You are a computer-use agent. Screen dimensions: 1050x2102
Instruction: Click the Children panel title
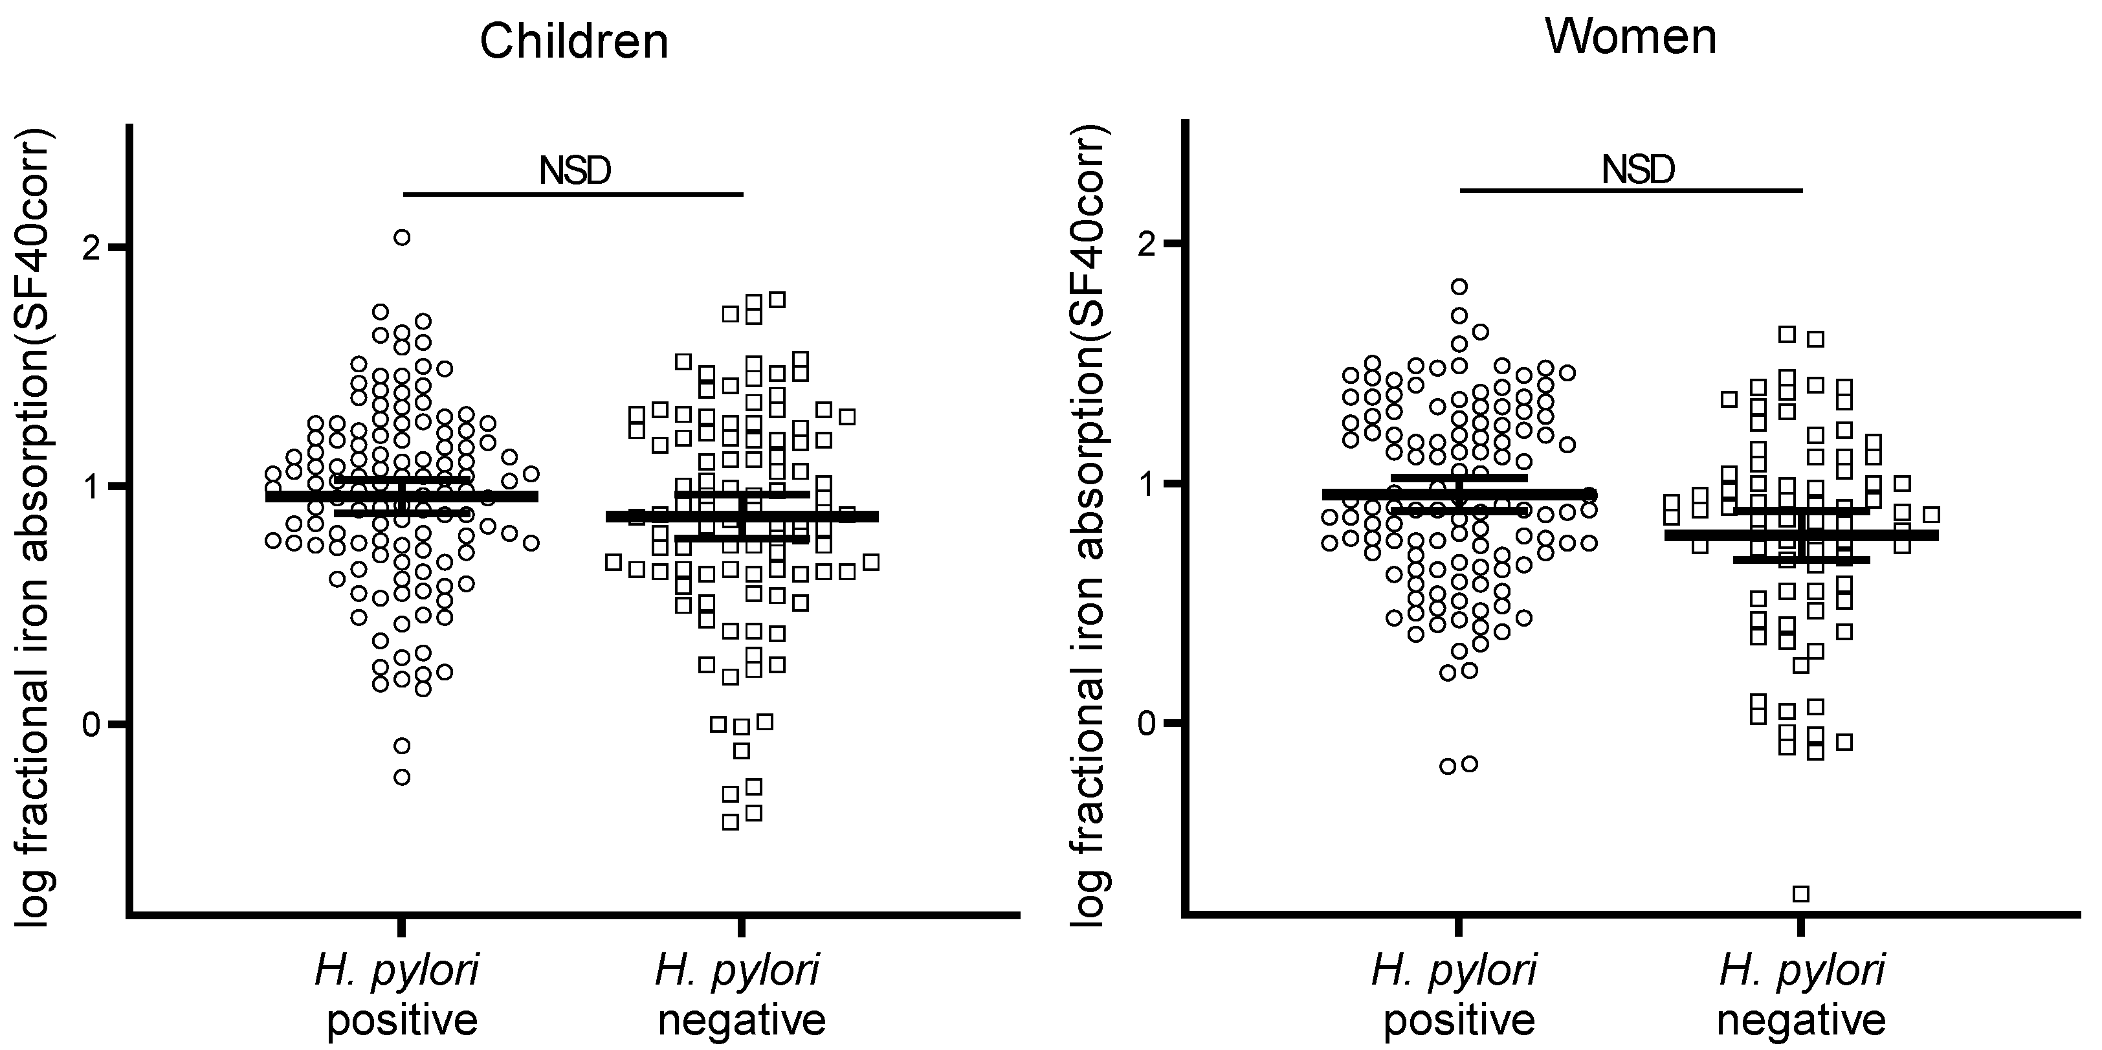573,41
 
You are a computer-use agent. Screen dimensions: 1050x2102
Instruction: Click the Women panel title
1630,38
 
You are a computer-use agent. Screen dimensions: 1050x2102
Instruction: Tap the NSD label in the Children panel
575,171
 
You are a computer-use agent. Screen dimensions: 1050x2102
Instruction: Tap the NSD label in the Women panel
1638,170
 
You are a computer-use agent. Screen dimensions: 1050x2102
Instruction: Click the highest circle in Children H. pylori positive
401,238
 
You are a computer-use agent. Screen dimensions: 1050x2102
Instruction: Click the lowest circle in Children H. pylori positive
401,776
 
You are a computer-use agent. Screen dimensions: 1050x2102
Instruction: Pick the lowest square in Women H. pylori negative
1801,893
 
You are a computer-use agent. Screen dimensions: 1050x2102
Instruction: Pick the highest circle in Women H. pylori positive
1459,287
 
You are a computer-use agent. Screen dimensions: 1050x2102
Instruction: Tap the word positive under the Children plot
401,1020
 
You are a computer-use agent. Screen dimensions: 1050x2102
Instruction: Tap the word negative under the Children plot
742,1020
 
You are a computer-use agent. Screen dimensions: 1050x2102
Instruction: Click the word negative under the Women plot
1801,1020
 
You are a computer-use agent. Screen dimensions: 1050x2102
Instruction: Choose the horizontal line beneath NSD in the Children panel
573,194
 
